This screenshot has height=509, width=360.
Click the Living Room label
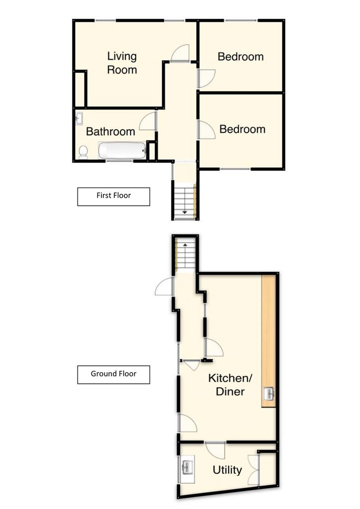(122, 63)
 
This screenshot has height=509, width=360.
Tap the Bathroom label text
(110, 131)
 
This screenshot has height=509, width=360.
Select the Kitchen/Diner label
(230, 385)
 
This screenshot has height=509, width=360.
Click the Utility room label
(227, 470)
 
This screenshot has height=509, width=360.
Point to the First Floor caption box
(113, 196)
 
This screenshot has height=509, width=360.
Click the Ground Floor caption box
(113, 375)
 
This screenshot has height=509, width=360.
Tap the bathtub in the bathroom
(122, 151)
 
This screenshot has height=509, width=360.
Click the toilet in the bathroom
(83, 152)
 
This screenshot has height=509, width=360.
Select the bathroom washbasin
(79, 118)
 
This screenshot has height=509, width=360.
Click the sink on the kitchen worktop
(269, 394)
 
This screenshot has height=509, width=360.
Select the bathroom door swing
(148, 121)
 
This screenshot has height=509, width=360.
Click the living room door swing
(180, 53)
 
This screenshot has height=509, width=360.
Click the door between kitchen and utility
(215, 450)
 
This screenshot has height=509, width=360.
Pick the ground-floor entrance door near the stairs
(164, 286)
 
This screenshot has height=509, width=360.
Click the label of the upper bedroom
(241, 57)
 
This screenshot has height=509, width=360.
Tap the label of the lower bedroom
(243, 129)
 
